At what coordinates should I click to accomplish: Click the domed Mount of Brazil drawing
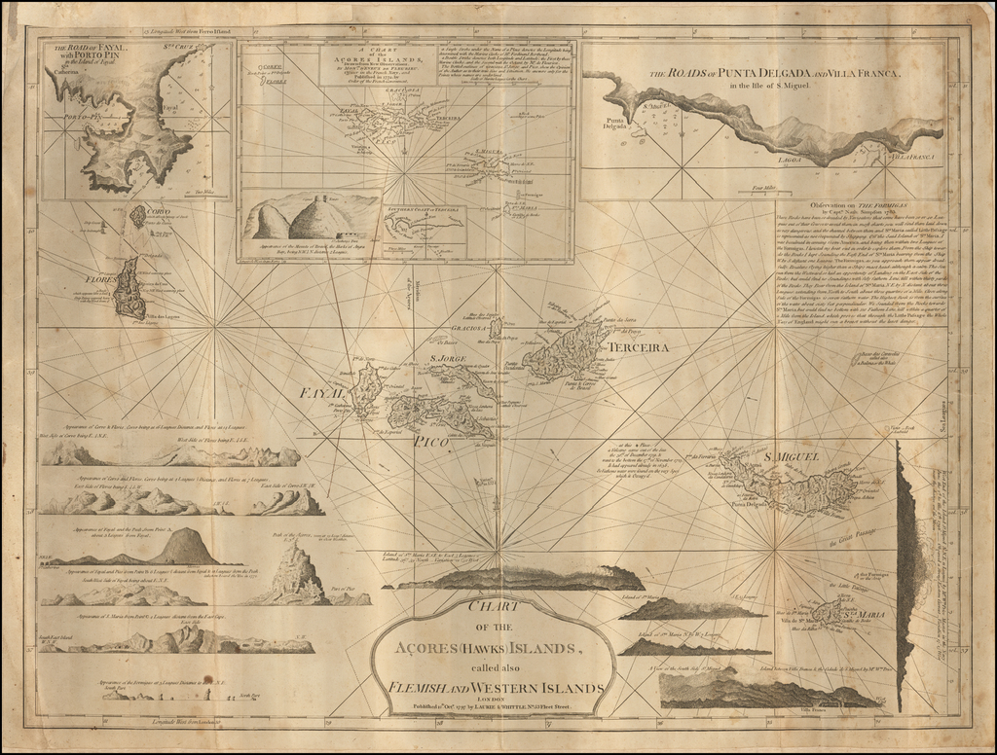316,219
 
